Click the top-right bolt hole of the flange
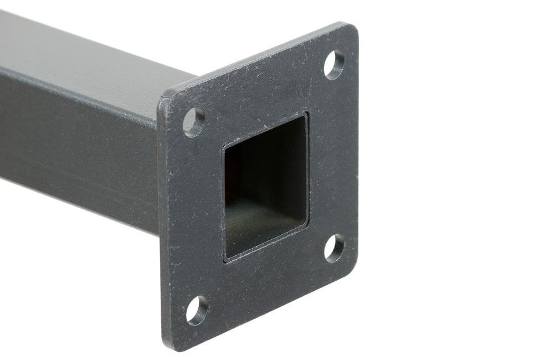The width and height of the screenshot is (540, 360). tap(334, 64)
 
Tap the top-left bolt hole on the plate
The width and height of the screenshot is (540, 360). tap(194, 122)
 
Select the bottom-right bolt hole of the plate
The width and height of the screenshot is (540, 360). tap(334, 248)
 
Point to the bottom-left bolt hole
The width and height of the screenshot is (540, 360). tap(197, 311)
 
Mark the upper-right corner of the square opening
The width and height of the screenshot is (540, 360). tap(305, 115)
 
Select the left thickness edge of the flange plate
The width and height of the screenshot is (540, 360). tap(161, 222)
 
